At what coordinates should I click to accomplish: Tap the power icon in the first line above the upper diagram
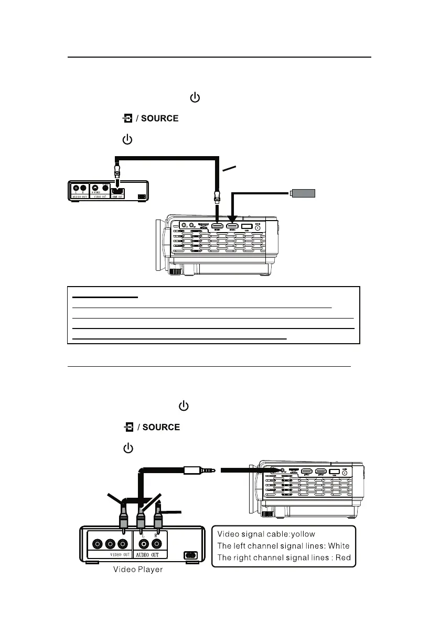click(195, 98)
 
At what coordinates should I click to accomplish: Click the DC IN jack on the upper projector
click(257, 227)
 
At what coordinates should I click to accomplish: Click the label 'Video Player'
click(138, 570)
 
